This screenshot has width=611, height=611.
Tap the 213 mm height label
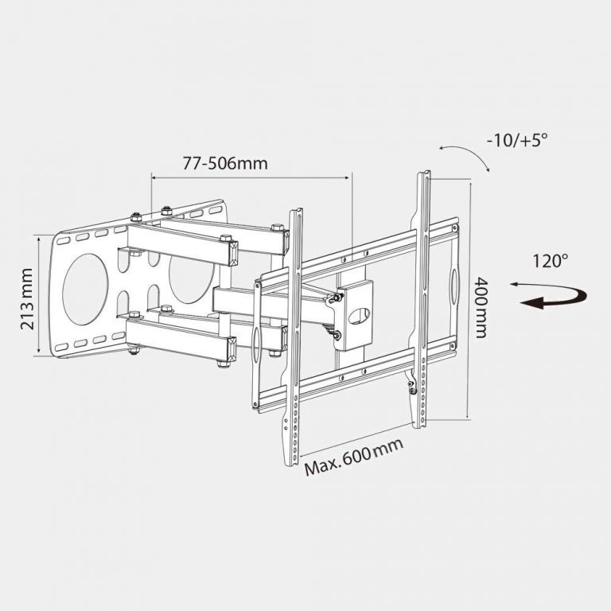tap(25, 298)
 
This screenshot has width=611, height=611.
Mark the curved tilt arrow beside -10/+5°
tap(466, 154)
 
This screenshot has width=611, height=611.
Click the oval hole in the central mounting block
tap(358, 315)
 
